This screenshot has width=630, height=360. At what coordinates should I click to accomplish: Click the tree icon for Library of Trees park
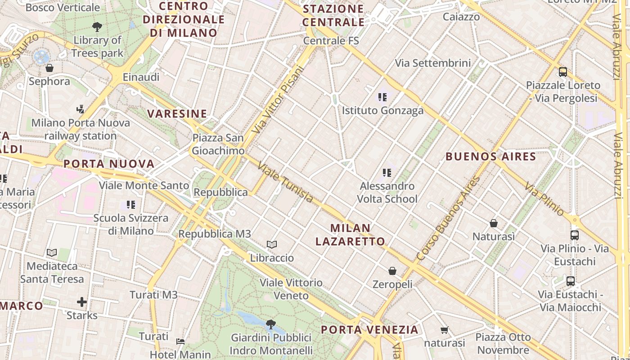pos(97,27)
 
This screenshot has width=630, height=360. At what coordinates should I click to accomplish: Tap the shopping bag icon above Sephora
pos(49,68)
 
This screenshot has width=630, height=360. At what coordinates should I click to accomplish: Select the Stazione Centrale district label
pos(333,15)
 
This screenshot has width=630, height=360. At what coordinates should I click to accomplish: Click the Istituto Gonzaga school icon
pos(382,97)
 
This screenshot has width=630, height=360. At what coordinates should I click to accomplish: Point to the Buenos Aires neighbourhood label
pos(490,157)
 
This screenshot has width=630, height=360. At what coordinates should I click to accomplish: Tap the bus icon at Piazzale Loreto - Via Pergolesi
pos(562,72)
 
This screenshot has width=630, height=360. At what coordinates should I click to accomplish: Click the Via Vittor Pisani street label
pos(279,99)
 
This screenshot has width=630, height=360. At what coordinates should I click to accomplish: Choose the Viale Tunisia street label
pos(285,182)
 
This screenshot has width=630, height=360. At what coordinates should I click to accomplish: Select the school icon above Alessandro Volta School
pos(387,172)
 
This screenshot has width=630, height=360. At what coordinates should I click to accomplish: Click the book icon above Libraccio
pos(271,244)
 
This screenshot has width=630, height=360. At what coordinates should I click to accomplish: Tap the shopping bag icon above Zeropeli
pos(392,270)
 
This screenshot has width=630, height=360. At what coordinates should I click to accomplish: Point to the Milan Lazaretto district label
pos(350,234)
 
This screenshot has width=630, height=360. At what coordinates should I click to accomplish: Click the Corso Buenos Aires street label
pos(448,219)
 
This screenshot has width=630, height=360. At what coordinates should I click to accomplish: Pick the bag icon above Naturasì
pos(494,223)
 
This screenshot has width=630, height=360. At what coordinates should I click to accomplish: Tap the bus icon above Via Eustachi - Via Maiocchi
pos(571,281)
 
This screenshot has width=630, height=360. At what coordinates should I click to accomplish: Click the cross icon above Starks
pos(82,301)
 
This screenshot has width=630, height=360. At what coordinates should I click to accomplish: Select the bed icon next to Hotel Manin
pos(180,342)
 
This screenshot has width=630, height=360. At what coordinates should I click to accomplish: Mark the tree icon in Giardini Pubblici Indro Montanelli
pos(271,324)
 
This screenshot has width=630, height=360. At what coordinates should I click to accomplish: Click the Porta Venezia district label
pos(369,330)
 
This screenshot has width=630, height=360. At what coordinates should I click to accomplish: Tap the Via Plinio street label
pos(544,199)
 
